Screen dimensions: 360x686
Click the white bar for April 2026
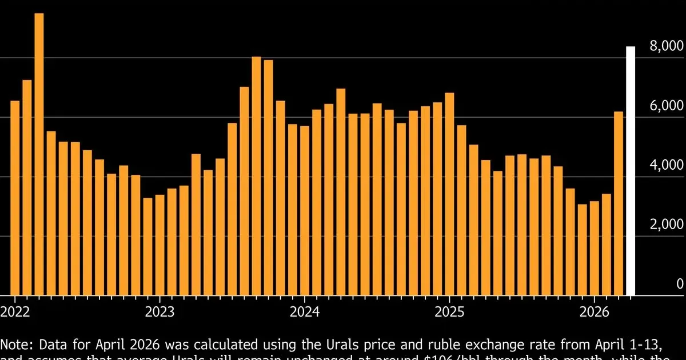pos(631,171)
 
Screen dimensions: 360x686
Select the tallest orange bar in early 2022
pos(39,154)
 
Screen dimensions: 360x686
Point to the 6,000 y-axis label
pos(667,106)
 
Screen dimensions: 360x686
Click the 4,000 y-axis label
pos(667,166)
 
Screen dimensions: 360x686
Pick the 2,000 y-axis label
pos(667,225)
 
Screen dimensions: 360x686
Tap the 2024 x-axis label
pos(304,312)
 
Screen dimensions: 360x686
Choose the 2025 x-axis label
pos(449,312)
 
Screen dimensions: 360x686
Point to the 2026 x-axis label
pos(594,312)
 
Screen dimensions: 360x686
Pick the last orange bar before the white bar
pos(619,203)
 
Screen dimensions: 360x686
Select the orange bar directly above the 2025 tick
pos(449,194)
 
